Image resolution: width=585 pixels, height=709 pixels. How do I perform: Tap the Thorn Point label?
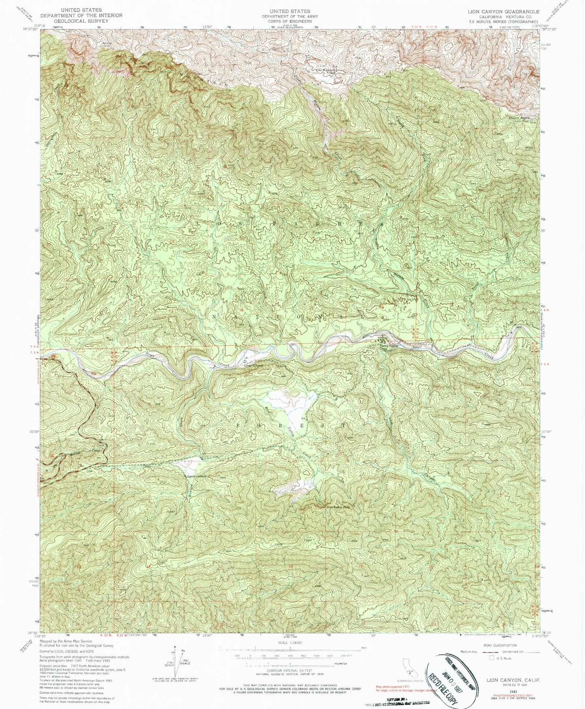tap(514, 118)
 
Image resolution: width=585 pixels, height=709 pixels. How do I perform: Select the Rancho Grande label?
tap(198, 476)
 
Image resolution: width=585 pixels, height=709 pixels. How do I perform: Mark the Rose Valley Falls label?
tap(338, 506)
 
